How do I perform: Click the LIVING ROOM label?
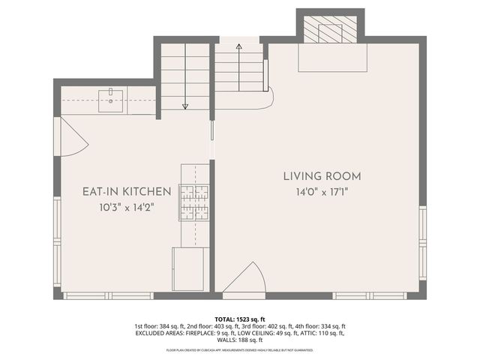322,176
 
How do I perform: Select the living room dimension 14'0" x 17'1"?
322,192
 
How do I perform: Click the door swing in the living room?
246,279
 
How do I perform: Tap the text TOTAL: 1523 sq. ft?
239,319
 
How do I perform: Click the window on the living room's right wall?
422,242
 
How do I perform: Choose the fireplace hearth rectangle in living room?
332,58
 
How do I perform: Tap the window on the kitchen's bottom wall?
97,295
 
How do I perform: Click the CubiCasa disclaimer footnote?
239,350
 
